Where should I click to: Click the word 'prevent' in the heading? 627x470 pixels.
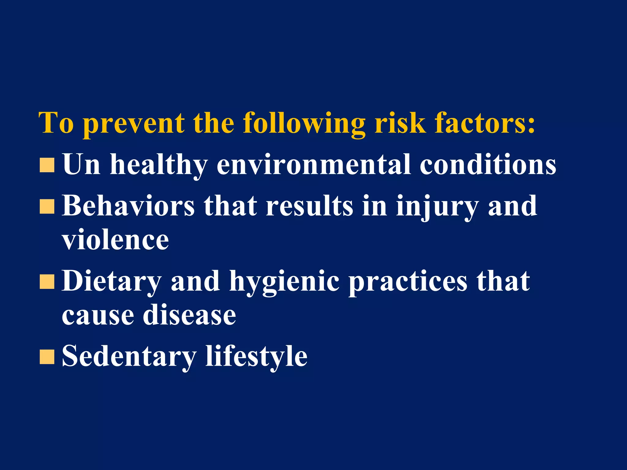(134, 124)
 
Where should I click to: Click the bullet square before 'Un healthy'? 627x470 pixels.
(47, 165)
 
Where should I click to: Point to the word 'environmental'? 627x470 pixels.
(314, 165)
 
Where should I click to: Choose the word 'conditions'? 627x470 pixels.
(488, 165)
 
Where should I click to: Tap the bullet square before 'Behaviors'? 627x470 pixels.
(47, 207)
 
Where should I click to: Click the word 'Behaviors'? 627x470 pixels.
(128, 206)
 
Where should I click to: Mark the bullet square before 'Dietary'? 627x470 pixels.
(47, 282)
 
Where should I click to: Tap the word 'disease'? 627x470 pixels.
(190, 315)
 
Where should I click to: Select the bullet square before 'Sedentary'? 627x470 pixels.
(47, 357)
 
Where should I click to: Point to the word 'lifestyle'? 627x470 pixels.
(256, 356)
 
